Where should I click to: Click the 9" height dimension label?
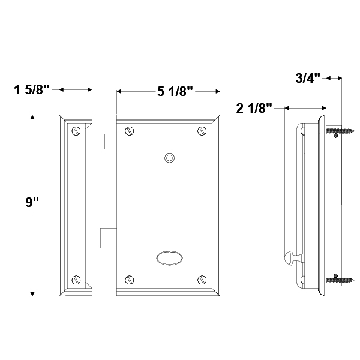pyautogui.click(x=32, y=202)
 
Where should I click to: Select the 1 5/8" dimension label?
pyautogui.click(x=32, y=89)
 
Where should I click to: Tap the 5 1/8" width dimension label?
pyautogui.click(x=175, y=91)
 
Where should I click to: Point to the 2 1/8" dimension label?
pyautogui.click(x=254, y=108)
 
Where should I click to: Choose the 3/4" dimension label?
pyautogui.click(x=308, y=78)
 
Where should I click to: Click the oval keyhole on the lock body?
pyautogui.click(x=170, y=258)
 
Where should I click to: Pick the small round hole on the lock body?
pyautogui.click(x=169, y=158)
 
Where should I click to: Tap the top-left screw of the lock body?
pyautogui.click(x=129, y=131)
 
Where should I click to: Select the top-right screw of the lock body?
pyautogui.click(x=202, y=131)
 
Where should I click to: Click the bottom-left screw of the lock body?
pyautogui.click(x=129, y=280)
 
